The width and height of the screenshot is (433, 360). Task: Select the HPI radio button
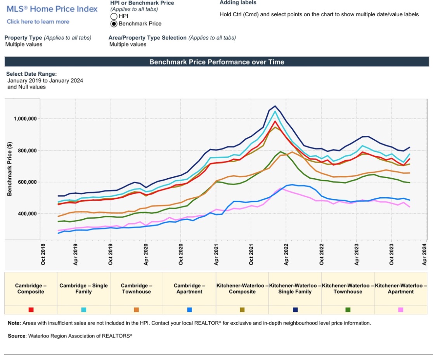pyautogui.click(x=114, y=16)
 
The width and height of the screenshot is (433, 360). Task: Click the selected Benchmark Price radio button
pyautogui.click(x=114, y=24)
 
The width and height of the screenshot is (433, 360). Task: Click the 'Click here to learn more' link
pyautogui.click(x=38, y=22)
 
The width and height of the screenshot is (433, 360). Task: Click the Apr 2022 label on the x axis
pyautogui.click(x=286, y=254)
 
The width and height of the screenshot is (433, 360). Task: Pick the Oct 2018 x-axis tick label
pyautogui.click(x=43, y=254)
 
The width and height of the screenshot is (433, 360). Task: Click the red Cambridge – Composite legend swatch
pyautogui.click(x=31, y=310)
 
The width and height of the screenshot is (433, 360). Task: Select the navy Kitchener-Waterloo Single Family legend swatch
pyautogui.click(x=295, y=310)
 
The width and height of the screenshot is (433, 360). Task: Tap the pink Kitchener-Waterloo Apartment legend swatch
pyautogui.click(x=401, y=310)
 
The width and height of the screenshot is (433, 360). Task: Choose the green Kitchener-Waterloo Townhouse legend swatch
pyautogui.click(x=348, y=310)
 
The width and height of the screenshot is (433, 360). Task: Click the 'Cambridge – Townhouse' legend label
pyautogui.click(x=136, y=289)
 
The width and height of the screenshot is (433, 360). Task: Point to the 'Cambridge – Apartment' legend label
pyautogui.click(x=189, y=289)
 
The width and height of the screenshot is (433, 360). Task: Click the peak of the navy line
pyautogui.click(x=275, y=106)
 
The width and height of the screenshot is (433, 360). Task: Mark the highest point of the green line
pyautogui.click(x=281, y=151)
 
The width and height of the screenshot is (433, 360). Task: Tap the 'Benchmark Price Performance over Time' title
pyautogui.click(x=216, y=62)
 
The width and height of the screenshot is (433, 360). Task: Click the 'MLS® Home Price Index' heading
pyautogui.click(x=52, y=9)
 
